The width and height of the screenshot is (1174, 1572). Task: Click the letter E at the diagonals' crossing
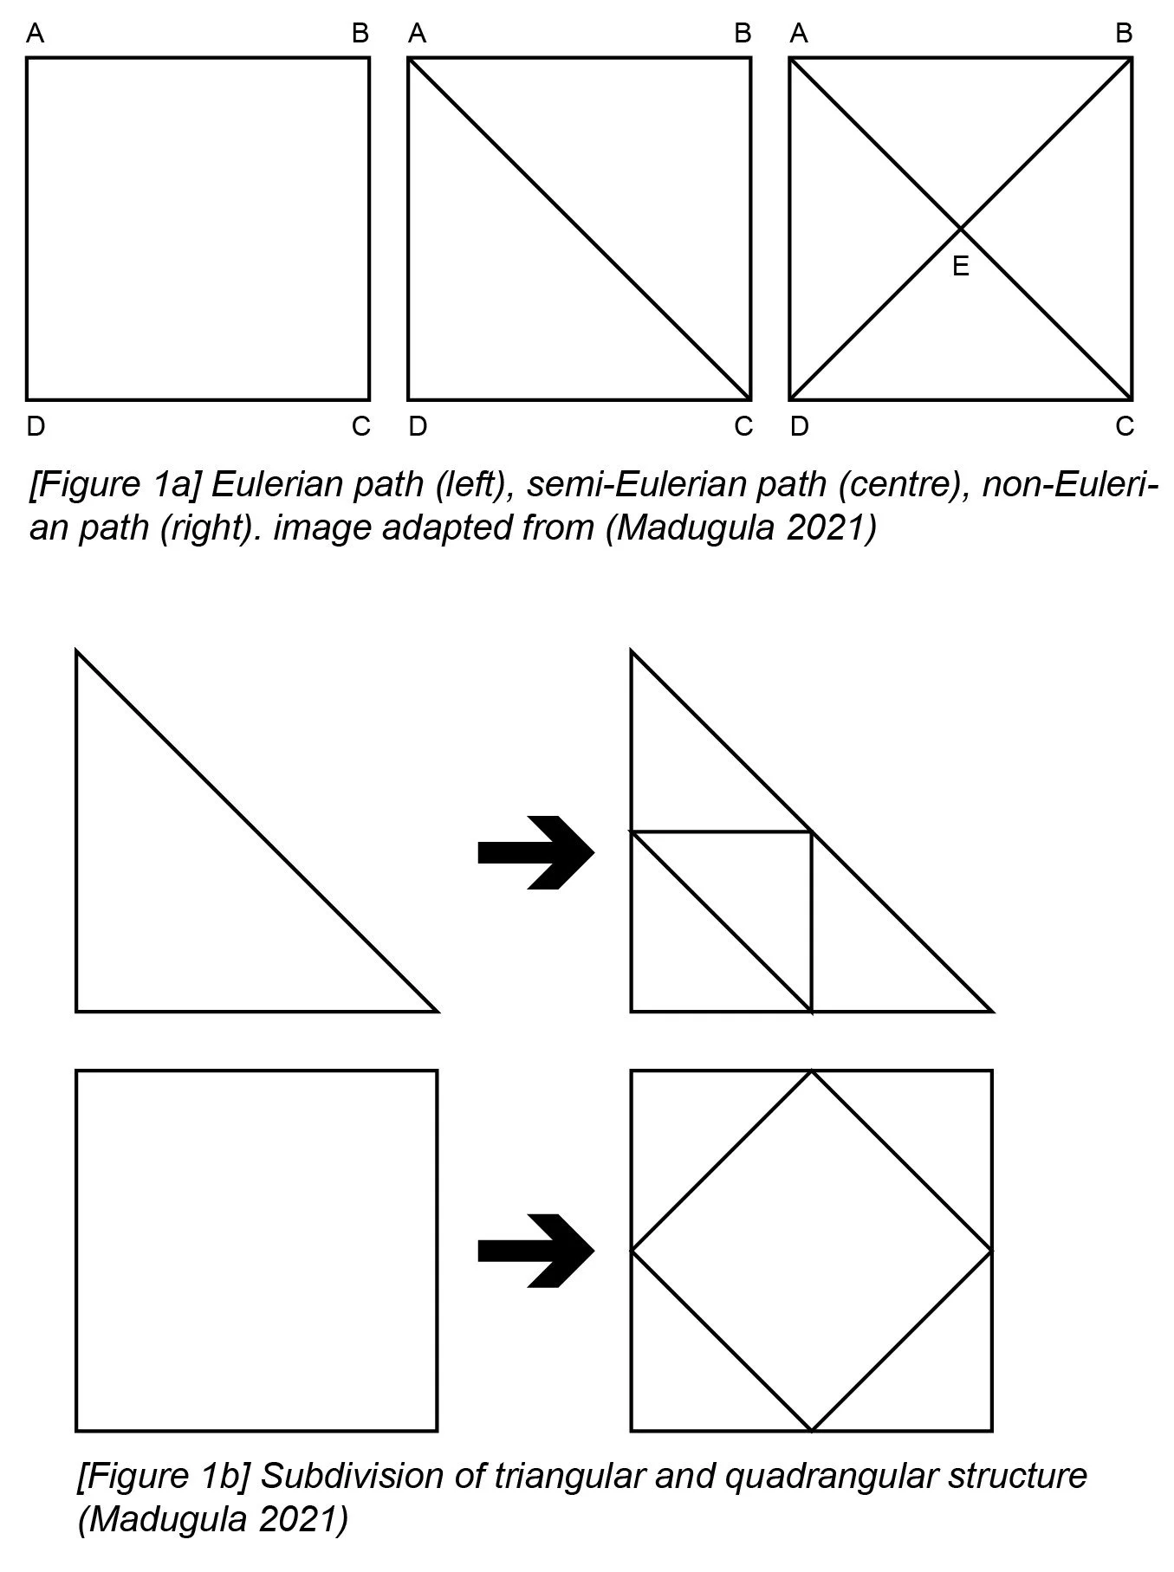click(960, 266)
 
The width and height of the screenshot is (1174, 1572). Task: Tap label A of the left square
click(36, 34)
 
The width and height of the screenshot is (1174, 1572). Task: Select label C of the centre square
click(743, 426)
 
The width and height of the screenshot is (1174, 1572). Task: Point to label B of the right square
click(1124, 34)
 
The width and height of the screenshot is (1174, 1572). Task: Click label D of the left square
click(36, 426)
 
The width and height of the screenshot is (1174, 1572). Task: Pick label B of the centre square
click(743, 34)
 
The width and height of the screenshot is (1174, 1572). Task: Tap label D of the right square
click(799, 426)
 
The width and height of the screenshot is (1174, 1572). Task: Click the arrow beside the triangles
click(535, 853)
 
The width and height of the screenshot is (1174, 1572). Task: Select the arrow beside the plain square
click(535, 1251)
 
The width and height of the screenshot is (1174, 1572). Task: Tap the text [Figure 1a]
click(116, 484)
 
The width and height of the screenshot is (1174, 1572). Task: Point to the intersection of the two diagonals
click(960, 229)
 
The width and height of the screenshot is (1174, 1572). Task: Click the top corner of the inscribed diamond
click(811, 1072)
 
